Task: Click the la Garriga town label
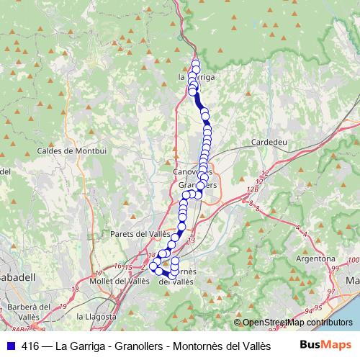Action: [196, 76]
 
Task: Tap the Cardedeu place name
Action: [269, 143]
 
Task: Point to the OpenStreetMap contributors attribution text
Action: [294, 323]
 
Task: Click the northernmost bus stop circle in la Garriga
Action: [195, 63]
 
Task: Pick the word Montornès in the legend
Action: [197, 345]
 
